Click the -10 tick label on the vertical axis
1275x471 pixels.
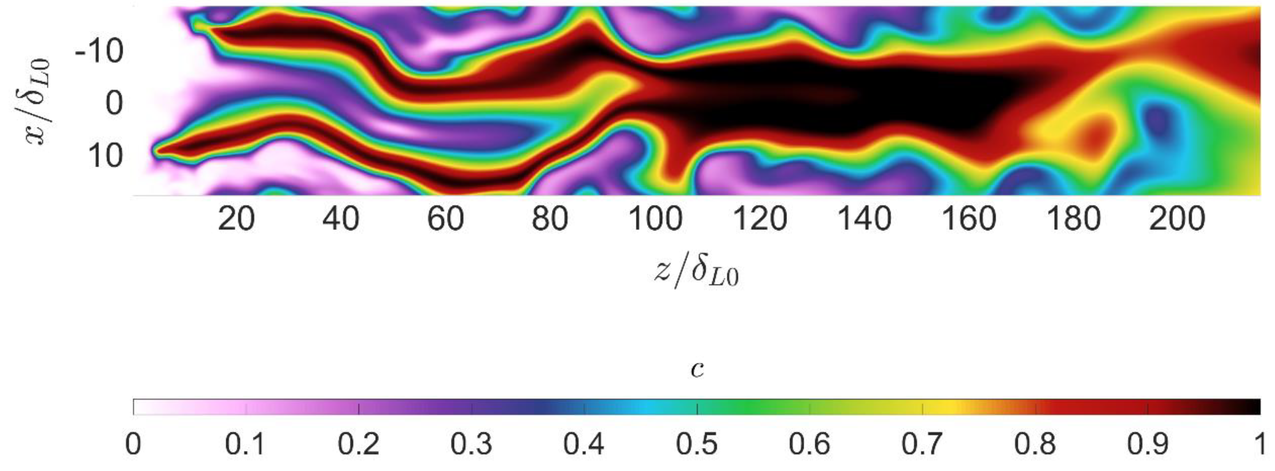(99, 51)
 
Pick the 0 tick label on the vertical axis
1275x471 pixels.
(114, 104)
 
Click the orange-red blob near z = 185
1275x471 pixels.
(1091, 134)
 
